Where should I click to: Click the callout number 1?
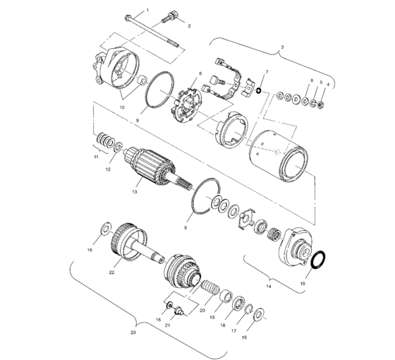147,11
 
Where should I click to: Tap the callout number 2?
189,26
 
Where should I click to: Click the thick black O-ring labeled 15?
318,260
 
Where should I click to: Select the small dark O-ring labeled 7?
260,90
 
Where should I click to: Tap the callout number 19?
211,318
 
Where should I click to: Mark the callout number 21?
167,325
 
